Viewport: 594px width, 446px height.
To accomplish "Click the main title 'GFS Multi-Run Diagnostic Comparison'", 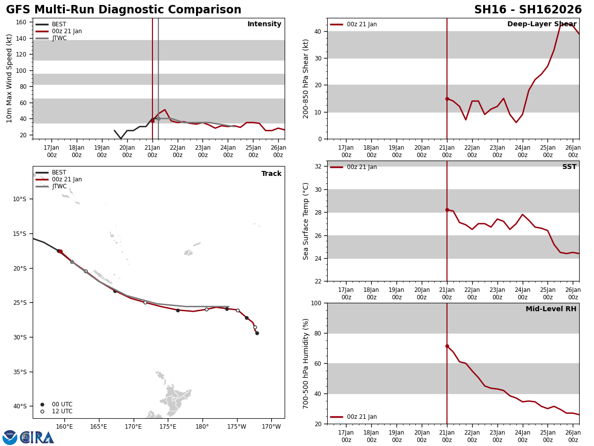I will [x=124, y=10].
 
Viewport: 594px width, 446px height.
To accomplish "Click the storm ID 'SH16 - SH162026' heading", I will [x=528, y=10].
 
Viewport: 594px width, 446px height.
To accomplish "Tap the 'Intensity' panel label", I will [x=264, y=24].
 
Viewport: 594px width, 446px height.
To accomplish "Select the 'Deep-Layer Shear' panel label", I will [x=542, y=24].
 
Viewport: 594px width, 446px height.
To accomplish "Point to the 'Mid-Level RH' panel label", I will [x=551, y=309].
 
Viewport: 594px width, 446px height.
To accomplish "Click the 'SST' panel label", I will [x=569, y=167].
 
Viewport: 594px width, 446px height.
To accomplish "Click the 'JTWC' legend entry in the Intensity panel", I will [x=59, y=38].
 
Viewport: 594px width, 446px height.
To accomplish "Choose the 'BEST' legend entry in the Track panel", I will [x=59, y=172].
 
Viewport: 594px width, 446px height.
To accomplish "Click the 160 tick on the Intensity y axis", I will [x=21, y=22].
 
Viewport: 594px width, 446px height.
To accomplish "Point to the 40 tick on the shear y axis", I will [x=318, y=31].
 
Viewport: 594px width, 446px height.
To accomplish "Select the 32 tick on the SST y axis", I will [x=318, y=167].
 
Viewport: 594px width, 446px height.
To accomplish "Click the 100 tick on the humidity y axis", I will [x=316, y=303].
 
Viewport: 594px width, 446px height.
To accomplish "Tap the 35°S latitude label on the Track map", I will [x=19, y=372].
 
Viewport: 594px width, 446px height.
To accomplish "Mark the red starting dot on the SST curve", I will [x=447, y=210].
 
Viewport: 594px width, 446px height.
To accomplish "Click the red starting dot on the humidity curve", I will [x=447, y=346].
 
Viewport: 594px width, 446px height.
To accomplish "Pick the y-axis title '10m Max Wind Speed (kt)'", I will [x=10, y=78].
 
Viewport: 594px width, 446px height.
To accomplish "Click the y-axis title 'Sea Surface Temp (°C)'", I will [x=306, y=221].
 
